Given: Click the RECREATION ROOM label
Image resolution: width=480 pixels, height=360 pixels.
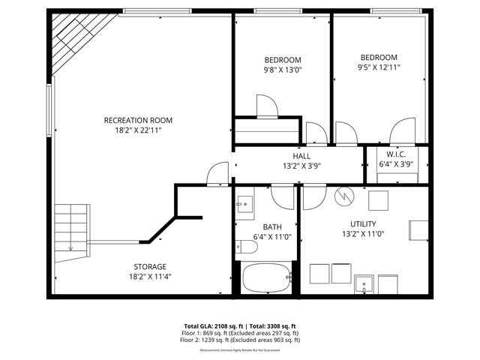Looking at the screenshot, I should [x=138, y=120].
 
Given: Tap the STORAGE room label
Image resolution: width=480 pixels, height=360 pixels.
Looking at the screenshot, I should [x=150, y=266].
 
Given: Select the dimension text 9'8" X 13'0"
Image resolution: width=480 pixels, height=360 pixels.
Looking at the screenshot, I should [x=282, y=70].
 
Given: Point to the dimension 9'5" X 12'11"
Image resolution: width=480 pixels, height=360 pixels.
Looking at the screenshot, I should [x=379, y=67].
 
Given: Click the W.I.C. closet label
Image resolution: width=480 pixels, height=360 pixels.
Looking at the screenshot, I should [x=396, y=154].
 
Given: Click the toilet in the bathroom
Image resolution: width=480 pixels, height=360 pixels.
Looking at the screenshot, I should [x=245, y=247].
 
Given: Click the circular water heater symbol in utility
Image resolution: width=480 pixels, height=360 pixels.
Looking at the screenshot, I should [x=343, y=196].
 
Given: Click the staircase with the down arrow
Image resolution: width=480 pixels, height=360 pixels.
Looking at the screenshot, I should [x=72, y=229].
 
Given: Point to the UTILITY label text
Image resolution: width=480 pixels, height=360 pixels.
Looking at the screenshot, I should [x=363, y=223].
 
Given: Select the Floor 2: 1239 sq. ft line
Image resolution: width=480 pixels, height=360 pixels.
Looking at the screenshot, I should [x=240, y=340].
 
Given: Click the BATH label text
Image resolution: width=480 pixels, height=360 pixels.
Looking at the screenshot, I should [x=271, y=226].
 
